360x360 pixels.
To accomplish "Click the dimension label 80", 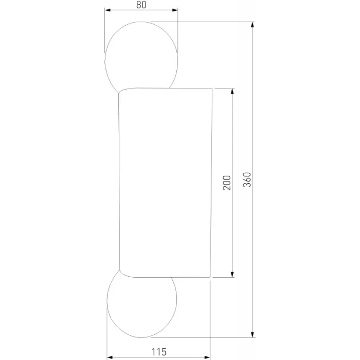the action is (x=141, y=5).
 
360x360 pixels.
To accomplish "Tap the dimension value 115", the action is (x=159, y=352).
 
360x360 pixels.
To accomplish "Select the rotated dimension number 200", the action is (x=227, y=183).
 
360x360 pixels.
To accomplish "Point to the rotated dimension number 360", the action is (x=247, y=180).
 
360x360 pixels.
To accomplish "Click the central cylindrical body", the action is (x=165, y=183).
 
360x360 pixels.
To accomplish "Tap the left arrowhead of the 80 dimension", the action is (x=108, y=10).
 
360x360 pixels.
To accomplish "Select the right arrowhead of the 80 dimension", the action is (x=175, y=10).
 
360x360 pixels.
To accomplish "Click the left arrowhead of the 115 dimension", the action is (x=110, y=357).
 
